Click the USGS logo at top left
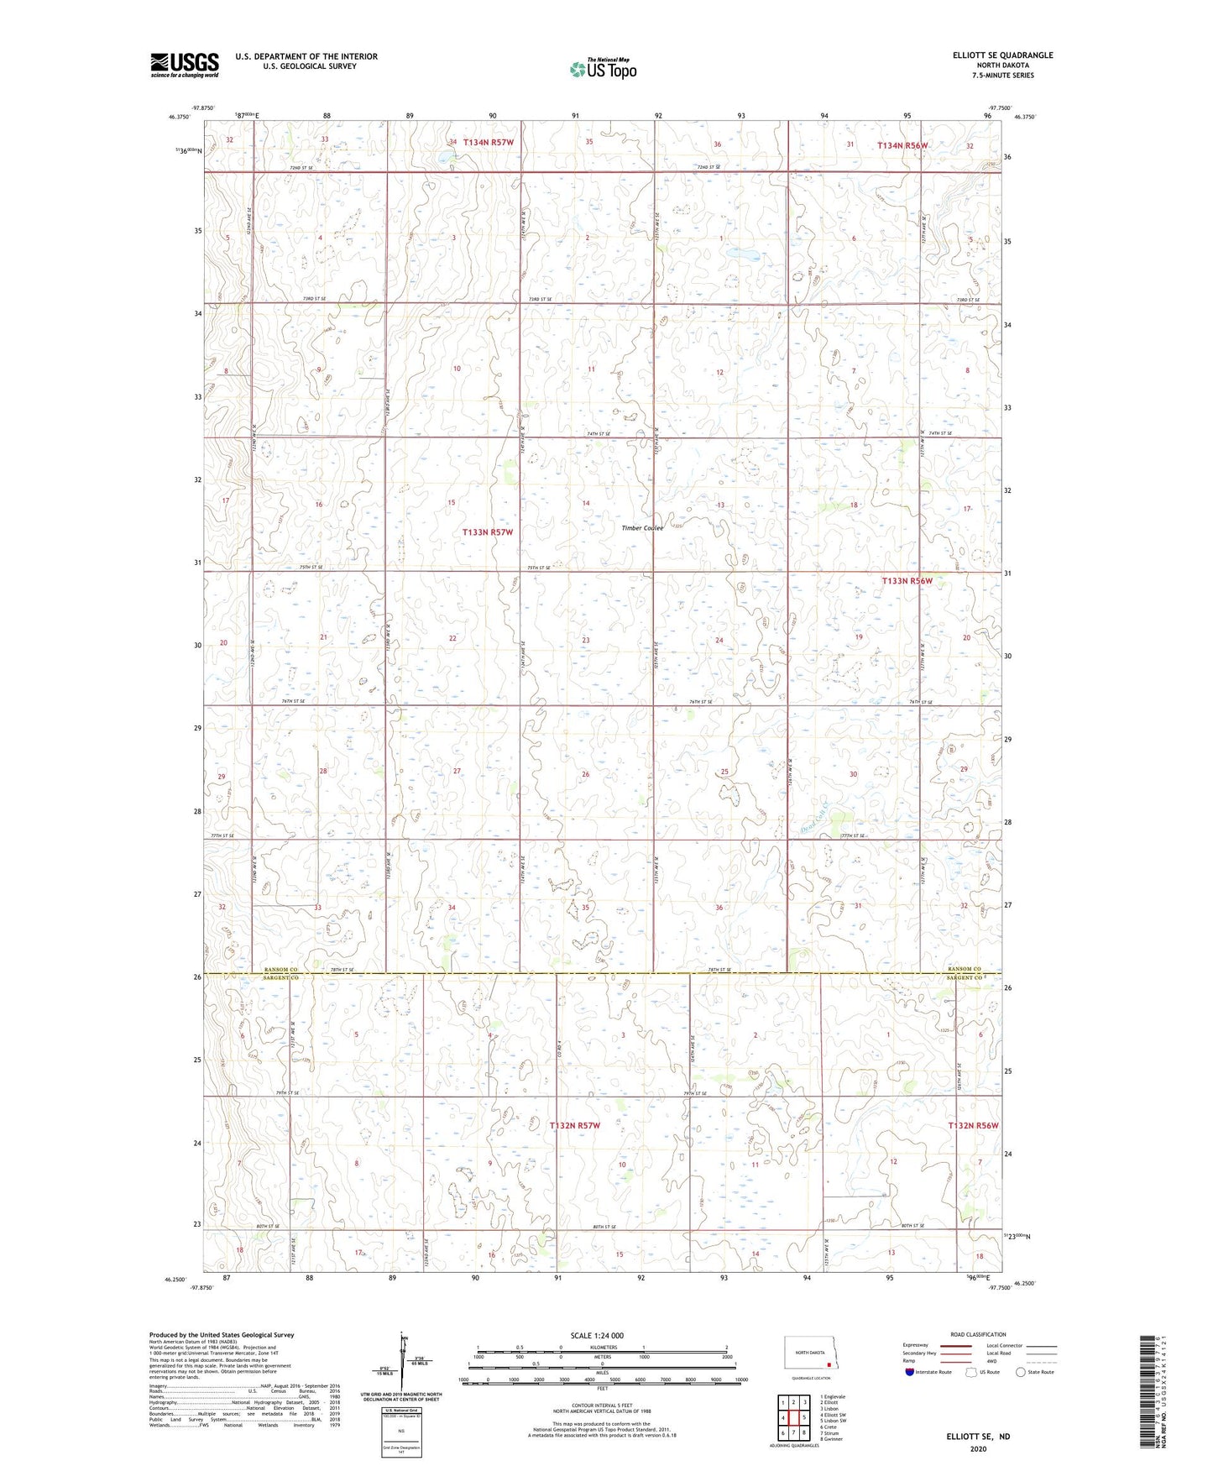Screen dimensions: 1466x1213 point(184,65)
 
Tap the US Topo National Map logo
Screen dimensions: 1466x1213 point(603,69)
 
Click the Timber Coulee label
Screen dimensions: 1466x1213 point(642,528)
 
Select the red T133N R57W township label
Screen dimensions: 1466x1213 point(487,532)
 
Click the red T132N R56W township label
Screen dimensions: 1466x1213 point(973,1125)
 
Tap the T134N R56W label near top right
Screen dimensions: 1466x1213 point(902,145)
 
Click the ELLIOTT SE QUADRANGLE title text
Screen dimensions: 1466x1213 point(1002,55)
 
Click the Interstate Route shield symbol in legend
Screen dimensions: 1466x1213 point(910,1372)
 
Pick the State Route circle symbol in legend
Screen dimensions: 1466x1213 point(1021,1372)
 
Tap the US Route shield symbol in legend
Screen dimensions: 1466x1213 point(971,1372)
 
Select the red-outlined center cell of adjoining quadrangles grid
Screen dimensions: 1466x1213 point(792,1418)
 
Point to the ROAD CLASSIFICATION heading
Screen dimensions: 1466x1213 point(978,1334)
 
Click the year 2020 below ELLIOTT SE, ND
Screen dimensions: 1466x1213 point(978,1448)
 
